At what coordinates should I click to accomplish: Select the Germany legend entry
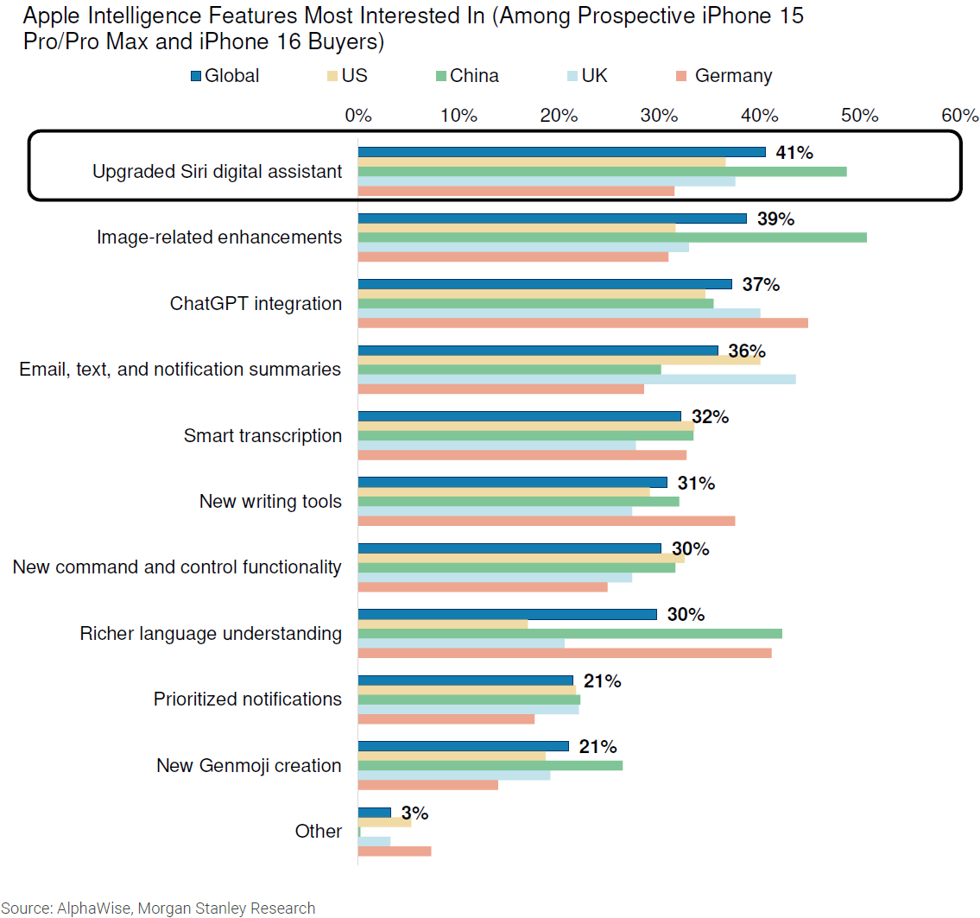click(x=733, y=76)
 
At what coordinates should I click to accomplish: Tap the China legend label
click(x=474, y=76)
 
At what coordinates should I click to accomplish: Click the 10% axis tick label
click(x=458, y=115)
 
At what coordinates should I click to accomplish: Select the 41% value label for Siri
click(x=793, y=153)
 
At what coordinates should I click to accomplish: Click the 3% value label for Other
click(x=414, y=813)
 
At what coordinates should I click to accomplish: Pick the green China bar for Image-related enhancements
click(x=612, y=237)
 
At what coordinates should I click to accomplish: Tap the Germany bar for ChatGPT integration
click(x=583, y=323)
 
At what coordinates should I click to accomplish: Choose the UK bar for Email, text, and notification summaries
click(x=577, y=379)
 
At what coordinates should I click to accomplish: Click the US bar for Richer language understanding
click(x=443, y=624)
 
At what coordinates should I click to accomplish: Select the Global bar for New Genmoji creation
click(x=464, y=746)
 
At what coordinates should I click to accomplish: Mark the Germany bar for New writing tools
click(x=547, y=521)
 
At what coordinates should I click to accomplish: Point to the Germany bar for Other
click(x=395, y=852)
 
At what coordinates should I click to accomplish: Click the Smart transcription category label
click(x=262, y=435)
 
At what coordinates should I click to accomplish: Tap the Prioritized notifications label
click(x=248, y=699)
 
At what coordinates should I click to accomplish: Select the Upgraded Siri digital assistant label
click(x=217, y=171)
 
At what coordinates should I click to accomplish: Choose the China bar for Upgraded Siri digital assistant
click(x=602, y=171)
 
